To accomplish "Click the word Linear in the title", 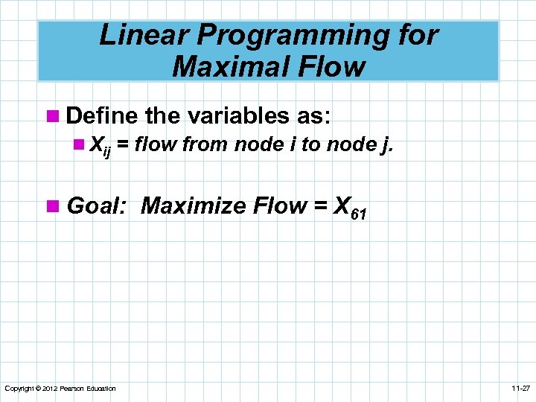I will point(135,35).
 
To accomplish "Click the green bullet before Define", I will point(51,116).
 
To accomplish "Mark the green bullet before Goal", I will point(51,205).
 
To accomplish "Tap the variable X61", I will point(348,207).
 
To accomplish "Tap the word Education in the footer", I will point(99,389).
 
